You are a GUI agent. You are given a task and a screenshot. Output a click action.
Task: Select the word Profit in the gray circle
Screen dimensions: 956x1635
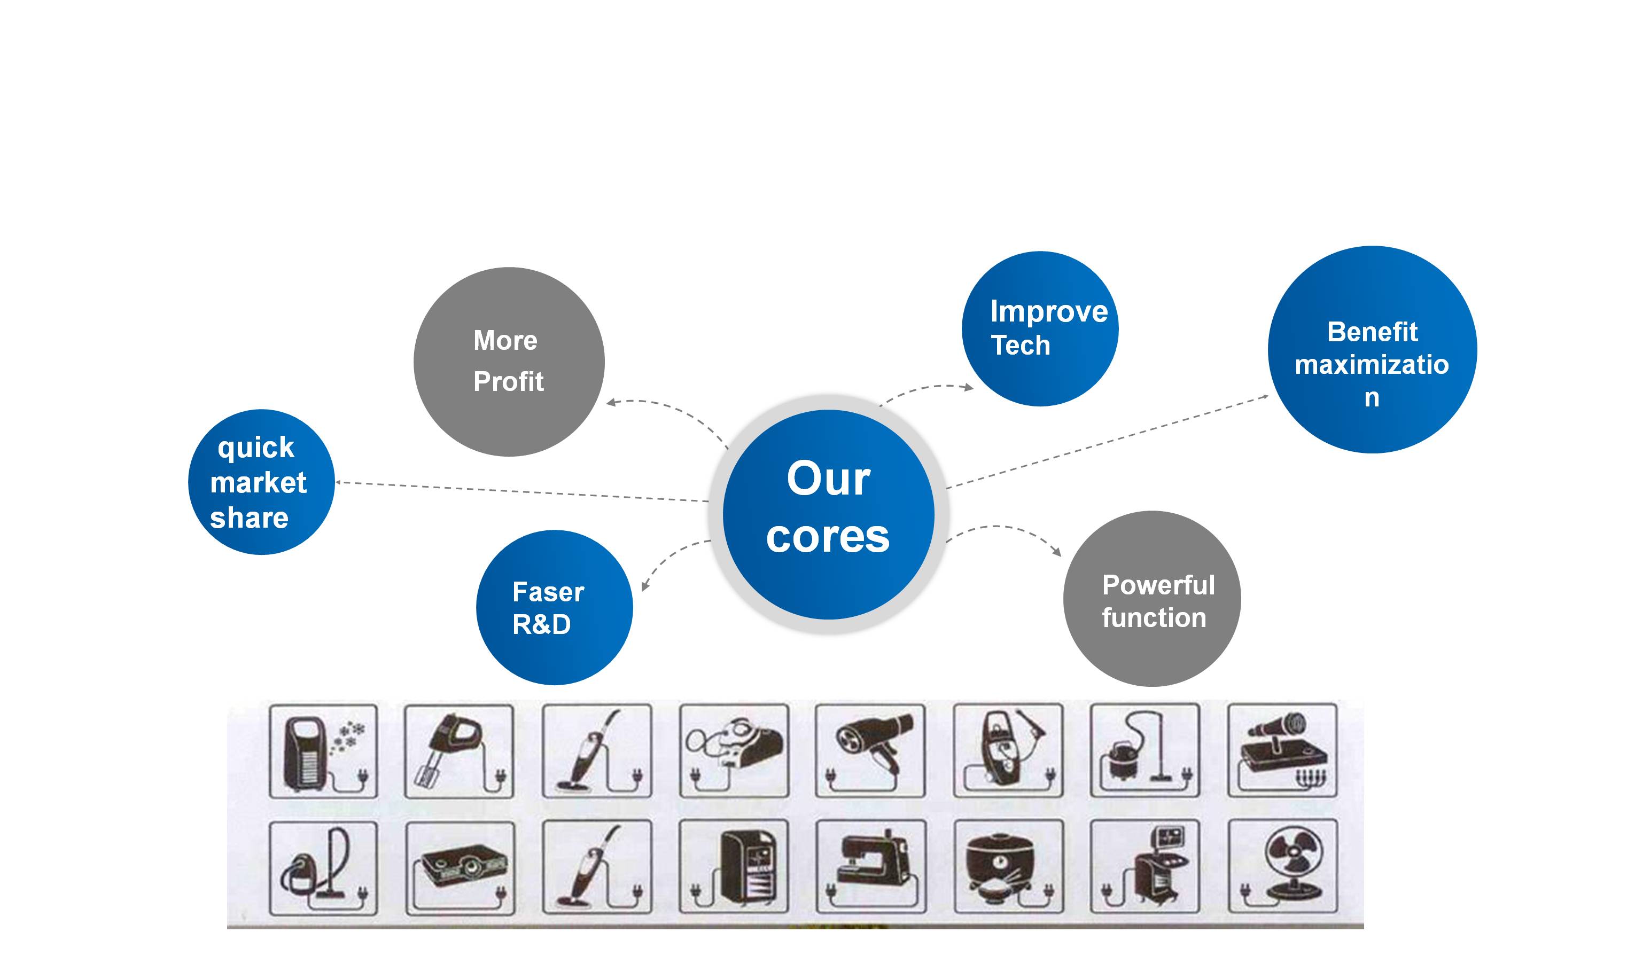coord(508,381)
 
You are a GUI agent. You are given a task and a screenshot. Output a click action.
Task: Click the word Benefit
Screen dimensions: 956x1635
coord(1372,332)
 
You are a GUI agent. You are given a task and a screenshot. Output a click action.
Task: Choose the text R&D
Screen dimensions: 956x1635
coord(541,624)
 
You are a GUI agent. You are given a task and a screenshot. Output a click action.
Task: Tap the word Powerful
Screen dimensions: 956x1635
coord(1158,585)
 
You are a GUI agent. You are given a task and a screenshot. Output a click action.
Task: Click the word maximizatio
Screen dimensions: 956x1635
coord(1372,364)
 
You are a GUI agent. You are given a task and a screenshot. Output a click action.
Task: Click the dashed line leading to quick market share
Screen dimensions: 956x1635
coord(519,492)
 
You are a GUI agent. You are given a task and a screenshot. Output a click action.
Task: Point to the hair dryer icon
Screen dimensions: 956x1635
coord(873,745)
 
